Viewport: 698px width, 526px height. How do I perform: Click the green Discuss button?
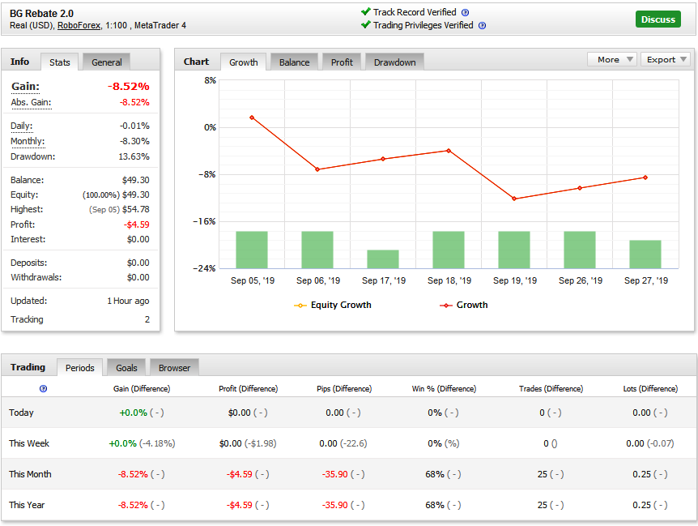coord(658,19)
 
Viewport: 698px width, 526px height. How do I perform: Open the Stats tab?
coord(60,62)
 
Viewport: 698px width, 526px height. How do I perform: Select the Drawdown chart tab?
coord(394,62)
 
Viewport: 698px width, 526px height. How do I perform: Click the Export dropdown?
coord(666,60)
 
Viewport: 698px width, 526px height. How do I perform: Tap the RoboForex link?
coord(79,25)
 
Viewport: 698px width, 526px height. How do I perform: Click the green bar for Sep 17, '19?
coord(383,259)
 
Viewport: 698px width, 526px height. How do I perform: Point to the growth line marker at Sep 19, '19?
coord(514,199)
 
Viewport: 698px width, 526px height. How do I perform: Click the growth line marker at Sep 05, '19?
coord(252,118)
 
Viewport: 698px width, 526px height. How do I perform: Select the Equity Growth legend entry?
coord(333,305)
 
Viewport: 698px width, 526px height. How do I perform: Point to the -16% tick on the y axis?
coord(204,221)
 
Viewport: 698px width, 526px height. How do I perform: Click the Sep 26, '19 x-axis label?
coord(581,280)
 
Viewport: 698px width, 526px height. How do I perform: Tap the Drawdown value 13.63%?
coord(134,156)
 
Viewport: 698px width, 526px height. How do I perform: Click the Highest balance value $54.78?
coord(136,209)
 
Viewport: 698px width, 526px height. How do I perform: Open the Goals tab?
coord(126,368)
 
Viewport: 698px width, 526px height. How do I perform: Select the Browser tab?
coord(174,368)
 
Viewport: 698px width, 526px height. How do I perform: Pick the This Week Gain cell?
coord(142,443)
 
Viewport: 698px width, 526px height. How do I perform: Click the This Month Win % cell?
coord(443,474)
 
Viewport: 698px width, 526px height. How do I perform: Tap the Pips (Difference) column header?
coord(344,389)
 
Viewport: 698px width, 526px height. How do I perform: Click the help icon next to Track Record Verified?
coord(465,12)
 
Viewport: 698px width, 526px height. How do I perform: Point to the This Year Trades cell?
coord(550,505)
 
